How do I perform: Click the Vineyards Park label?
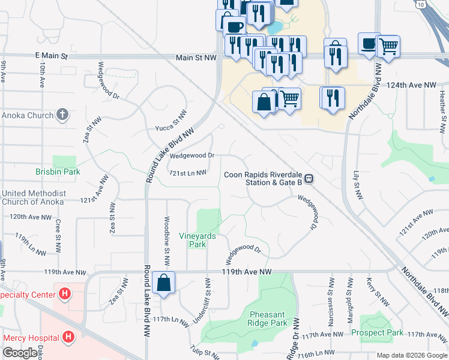pos(197,240)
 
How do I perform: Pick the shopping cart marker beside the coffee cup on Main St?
pos(389,46)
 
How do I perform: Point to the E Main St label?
pos(52,56)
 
